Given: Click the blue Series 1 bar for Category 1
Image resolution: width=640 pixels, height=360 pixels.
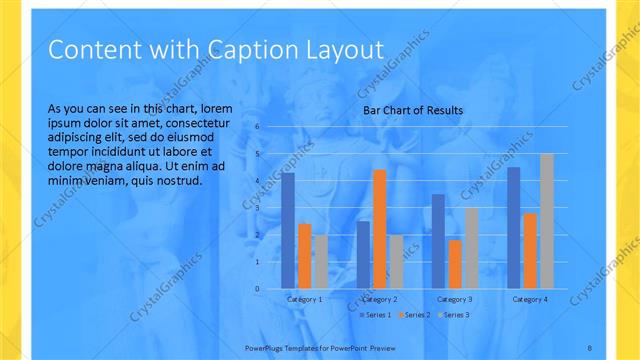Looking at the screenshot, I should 288,230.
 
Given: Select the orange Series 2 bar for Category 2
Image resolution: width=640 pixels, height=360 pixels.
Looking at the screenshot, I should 379,229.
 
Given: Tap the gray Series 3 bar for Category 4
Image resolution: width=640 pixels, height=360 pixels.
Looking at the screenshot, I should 546,221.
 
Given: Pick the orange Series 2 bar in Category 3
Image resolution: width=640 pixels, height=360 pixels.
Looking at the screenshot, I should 455,264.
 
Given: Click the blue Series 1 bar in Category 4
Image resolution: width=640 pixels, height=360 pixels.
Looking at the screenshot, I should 514,228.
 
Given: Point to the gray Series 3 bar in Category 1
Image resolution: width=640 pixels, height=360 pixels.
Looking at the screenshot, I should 320,262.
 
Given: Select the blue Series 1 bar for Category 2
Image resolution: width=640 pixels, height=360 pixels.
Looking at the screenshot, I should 363,255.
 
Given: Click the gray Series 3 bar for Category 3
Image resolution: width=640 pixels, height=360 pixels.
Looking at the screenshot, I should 471,248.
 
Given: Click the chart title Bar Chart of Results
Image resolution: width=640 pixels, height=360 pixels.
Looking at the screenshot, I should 413,110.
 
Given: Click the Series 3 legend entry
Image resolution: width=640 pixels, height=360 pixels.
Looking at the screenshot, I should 453,315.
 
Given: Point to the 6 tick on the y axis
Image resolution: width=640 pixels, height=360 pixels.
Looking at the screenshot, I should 257,127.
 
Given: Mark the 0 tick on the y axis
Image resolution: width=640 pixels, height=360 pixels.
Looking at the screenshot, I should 257,289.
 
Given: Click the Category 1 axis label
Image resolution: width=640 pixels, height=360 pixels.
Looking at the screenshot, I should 304,299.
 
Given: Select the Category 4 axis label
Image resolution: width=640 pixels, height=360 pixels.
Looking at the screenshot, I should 530,299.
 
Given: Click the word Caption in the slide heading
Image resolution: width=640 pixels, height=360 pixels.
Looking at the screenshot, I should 246,49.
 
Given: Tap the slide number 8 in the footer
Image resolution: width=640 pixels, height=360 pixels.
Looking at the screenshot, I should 590,346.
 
